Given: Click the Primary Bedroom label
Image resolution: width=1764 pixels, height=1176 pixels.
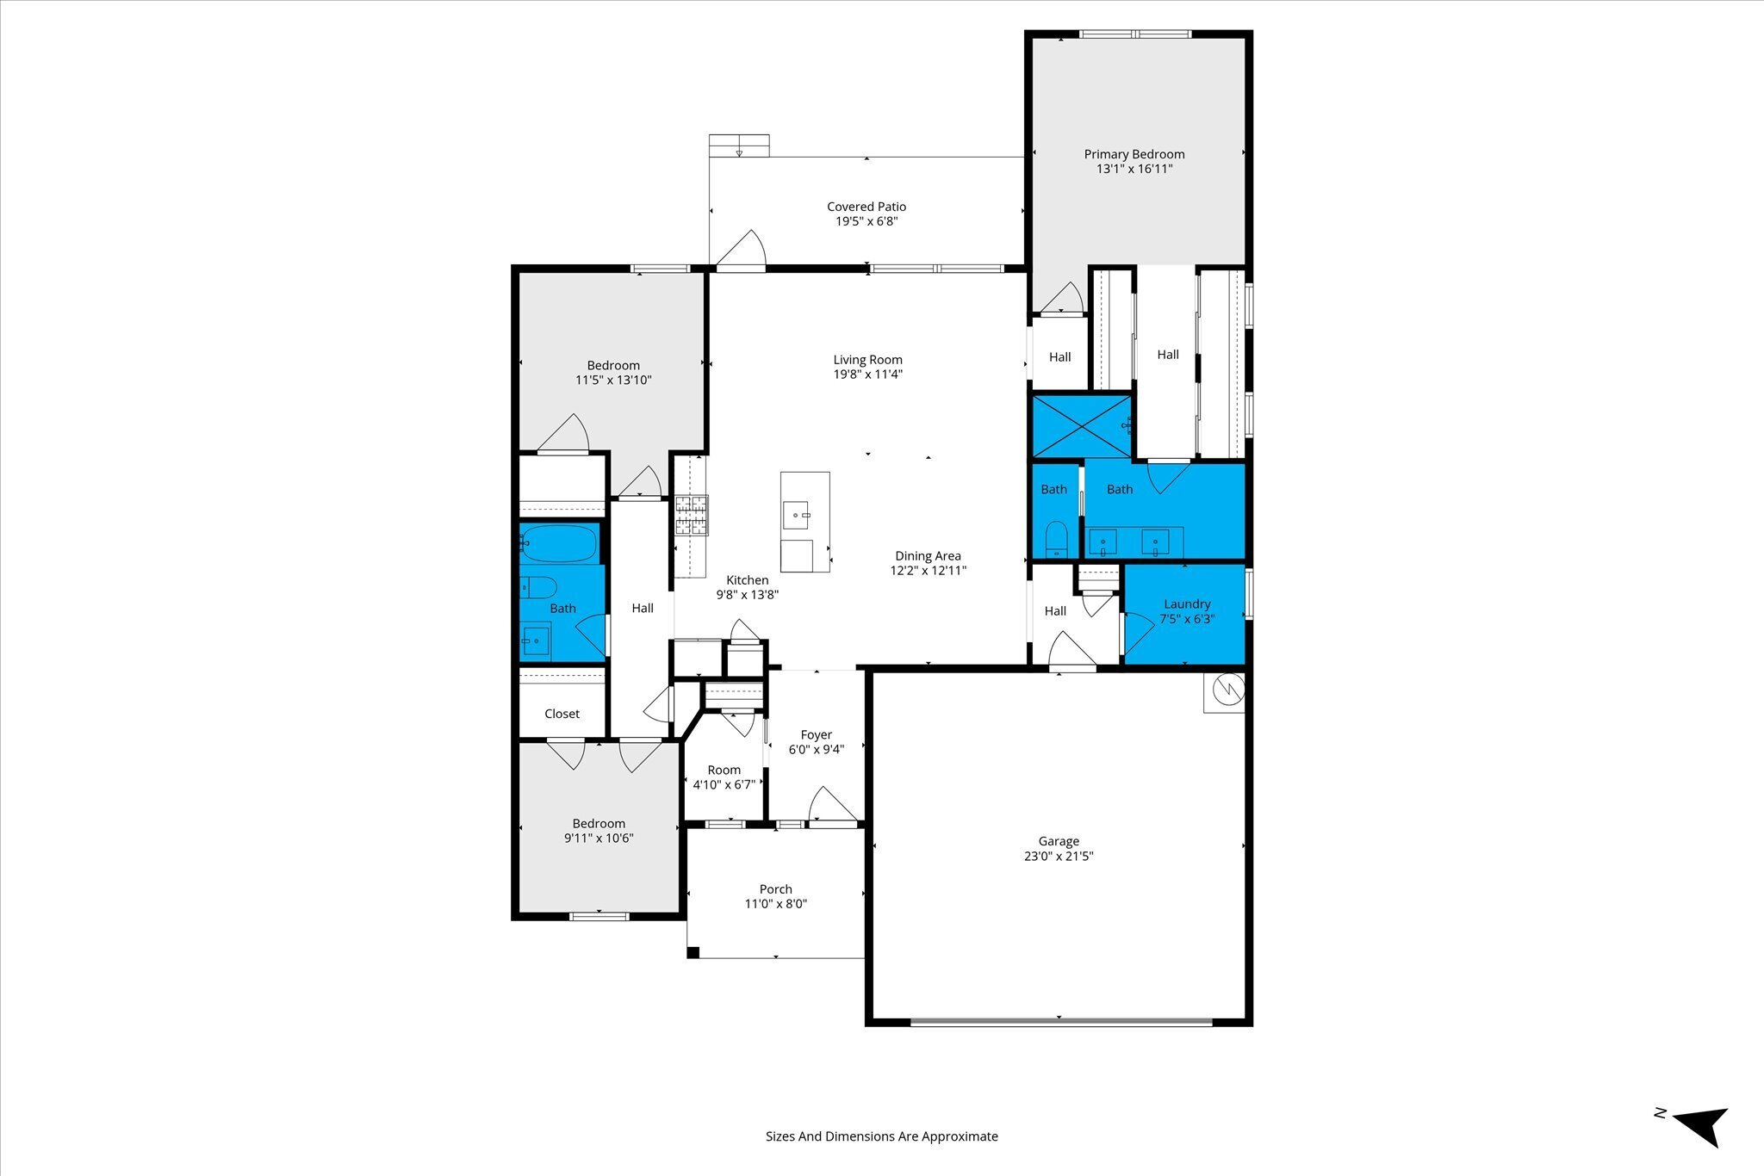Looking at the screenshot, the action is [1134, 154].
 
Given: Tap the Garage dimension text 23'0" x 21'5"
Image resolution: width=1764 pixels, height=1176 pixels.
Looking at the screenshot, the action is [1059, 856].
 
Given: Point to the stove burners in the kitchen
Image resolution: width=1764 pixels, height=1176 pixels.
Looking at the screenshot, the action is [691, 515].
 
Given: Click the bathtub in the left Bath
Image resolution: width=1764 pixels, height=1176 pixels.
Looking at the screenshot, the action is [558, 543].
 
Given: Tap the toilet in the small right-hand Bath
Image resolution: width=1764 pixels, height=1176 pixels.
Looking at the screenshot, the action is [1056, 540].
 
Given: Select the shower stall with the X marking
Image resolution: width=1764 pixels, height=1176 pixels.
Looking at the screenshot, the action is [1083, 425].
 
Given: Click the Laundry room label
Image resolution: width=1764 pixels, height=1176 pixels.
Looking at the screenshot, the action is [1187, 604].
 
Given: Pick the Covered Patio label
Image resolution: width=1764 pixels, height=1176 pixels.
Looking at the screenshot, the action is [866, 207].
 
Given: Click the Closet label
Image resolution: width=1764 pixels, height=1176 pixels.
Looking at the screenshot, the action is [562, 714].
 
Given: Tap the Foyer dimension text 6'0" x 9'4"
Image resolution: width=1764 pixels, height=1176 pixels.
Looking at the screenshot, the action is [817, 749].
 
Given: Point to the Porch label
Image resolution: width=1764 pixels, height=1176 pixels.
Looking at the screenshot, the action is [776, 889].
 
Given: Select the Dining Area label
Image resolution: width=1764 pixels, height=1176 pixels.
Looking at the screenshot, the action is [928, 556].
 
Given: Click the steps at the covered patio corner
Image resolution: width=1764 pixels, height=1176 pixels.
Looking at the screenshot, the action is [739, 145].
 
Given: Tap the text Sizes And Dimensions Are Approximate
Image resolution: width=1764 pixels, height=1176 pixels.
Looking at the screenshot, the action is [882, 1136].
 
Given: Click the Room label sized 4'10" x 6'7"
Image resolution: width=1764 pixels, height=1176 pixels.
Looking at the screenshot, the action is [724, 770].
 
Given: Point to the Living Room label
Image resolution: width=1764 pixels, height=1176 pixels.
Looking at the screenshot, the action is [868, 360].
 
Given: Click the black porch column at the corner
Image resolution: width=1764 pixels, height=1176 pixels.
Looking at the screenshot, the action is [693, 952].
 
